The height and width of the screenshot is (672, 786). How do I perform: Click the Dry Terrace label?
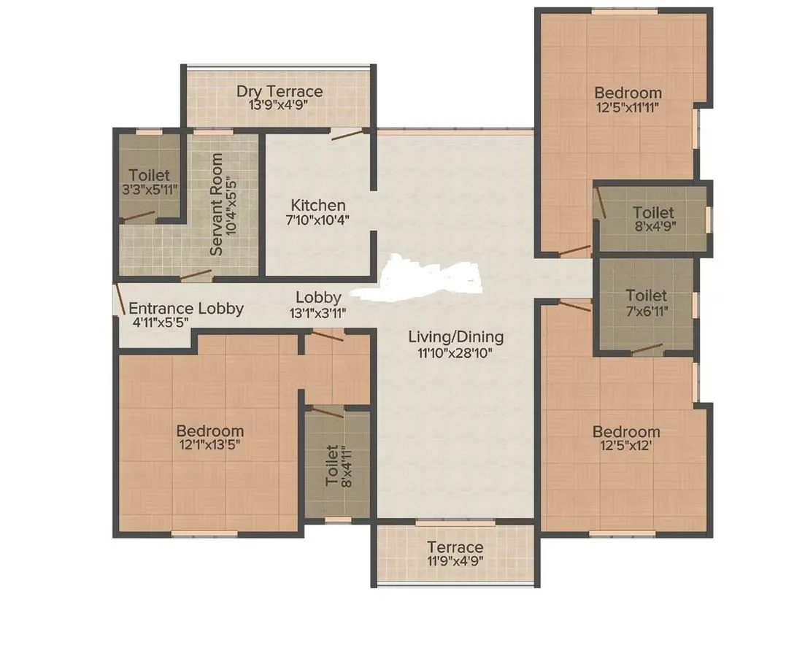[x=279, y=92]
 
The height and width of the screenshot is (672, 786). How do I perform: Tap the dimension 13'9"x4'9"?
[x=279, y=105]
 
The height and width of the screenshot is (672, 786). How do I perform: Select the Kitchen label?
[x=317, y=205]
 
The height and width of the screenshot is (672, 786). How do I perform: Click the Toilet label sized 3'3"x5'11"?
[x=149, y=175]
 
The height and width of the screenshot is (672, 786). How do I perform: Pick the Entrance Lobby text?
[x=186, y=309]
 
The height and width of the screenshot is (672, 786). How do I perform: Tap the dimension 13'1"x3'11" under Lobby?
[x=317, y=312]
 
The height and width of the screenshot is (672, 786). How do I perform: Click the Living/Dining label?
[x=455, y=337]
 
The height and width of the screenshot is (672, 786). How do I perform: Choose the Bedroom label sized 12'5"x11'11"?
[x=628, y=93]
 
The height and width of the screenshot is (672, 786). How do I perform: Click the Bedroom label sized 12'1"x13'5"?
[x=210, y=430]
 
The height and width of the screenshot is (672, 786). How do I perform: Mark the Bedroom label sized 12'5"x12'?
[x=626, y=431]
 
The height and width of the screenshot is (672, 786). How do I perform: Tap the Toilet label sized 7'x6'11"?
[x=647, y=296]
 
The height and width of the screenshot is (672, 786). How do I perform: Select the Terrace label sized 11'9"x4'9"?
[x=455, y=547]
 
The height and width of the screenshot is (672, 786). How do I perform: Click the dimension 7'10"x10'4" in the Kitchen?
[x=317, y=220]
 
